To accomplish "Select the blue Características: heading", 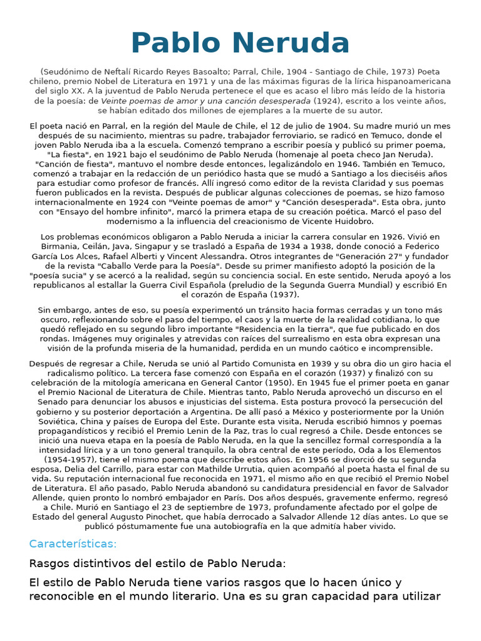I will pyautogui.click(x=73, y=543).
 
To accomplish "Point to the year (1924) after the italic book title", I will pyautogui.click(x=327, y=100).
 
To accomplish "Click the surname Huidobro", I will pyautogui.click(x=356, y=221).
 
